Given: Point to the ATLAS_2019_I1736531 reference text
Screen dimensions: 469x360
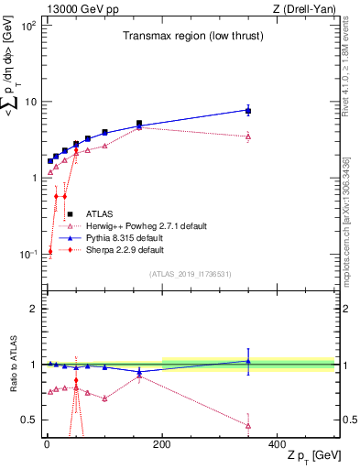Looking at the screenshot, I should click(191, 274).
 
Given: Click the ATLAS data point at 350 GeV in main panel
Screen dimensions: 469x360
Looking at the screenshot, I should click(248, 110).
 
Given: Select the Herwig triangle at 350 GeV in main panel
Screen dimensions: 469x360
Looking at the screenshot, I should click(248, 136).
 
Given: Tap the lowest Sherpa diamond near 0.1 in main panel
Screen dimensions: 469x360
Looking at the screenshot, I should click(50, 251).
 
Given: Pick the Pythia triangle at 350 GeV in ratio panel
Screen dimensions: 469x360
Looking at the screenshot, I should click(248, 361).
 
